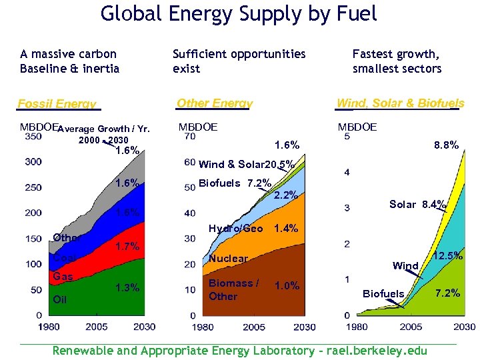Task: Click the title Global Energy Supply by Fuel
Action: pyautogui.click(x=239, y=13)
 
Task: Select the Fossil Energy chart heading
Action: pyautogui.click(x=57, y=103)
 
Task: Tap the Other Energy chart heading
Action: pyautogui.click(x=215, y=103)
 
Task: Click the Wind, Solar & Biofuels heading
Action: pyautogui.click(x=400, y=103)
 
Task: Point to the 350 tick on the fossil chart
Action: pyautogui.click(x=33, y=137)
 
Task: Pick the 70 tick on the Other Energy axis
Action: pyautogui.click(x=190, y=137)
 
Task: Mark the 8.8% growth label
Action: pyautogui.click(x=446, y=145)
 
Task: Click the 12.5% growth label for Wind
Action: pyautogui.click(x=448, y=255)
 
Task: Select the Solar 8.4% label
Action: pyautogui.click(x=418, y=205)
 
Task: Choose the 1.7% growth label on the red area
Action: pyautogui.click(x=127, y=247)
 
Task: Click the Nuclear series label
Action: pyautogui.click(x=228, y=258)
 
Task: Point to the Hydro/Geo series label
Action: pyautogui.click(x=235, y=228)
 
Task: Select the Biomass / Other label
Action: pyautogui.click(x=233, y=289)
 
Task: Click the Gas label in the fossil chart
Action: pyautogui.click(x=63, y=277)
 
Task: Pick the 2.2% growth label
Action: pyautogui.click(x=286, y=195)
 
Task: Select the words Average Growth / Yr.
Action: pyautogui.click(x=103, y=129)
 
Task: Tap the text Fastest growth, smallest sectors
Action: pyautogui.click(x=397, y=61)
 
